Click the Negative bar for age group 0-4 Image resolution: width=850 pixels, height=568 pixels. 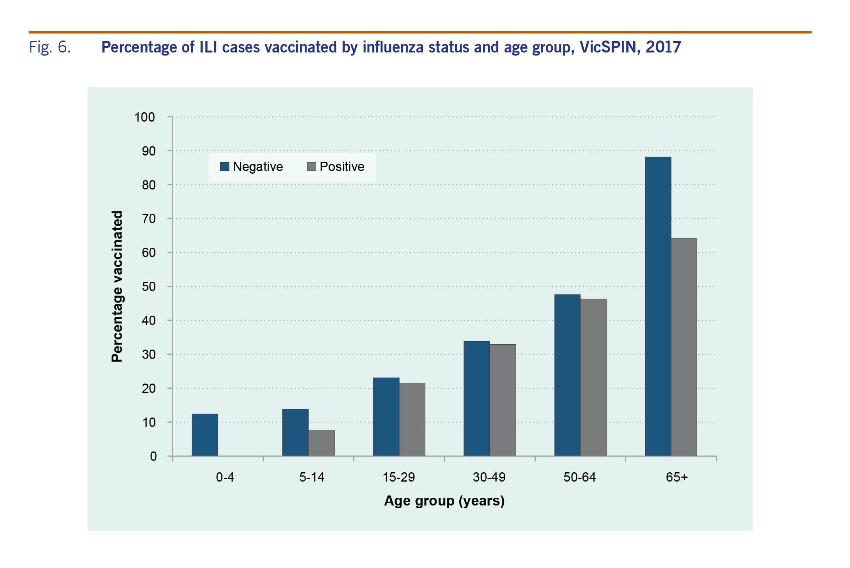point(205,435)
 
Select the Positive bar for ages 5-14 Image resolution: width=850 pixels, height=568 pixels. point(322,443)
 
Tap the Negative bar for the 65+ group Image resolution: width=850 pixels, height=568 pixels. point(658,306)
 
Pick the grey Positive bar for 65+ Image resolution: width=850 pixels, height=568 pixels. point(684,347)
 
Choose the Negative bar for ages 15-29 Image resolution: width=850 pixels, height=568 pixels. point(386,417)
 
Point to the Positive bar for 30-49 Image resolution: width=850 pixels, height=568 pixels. point(503,400)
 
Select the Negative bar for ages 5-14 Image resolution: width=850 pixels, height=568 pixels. point(295,433)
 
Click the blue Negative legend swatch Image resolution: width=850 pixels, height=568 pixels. point(224,166)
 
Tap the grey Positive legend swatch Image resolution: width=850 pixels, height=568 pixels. point(312,166)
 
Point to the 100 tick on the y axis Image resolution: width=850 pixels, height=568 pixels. point(145,117)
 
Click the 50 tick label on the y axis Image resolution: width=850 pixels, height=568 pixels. point(148,287)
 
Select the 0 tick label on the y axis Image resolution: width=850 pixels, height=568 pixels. point(153,456)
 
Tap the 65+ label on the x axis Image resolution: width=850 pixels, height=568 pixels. point(677,477)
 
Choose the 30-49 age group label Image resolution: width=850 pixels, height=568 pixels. point(489,477)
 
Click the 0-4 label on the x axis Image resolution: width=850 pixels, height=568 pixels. point(225,477)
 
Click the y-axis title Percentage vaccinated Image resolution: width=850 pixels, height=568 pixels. point(117,286)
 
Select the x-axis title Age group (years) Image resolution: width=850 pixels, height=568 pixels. point(444,501)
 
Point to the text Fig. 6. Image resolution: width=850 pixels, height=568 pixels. point(50,47)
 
